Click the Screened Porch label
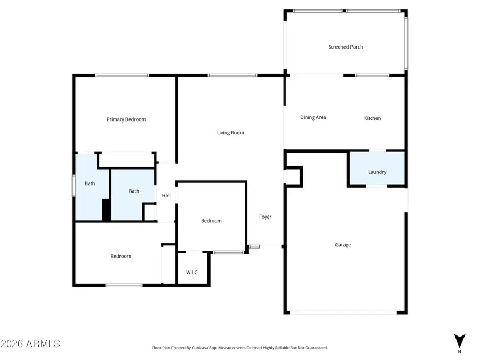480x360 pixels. pyautogui.click(x=345, y=47)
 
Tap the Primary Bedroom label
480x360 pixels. pyautogui.click(x=126, y=119)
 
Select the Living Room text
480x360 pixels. pyautogui.click(x=230, y=133)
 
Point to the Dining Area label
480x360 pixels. pyautogui.click(x=313, y=117)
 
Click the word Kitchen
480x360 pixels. pyautogui.click(x=373, y=118)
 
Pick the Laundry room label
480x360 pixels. pyautogui.click(x=377, y=172)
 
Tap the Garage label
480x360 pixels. pyautogui.click(x=343, y=245)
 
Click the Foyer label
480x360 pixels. pyautogui.click(x=265, y=217)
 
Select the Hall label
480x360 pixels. pyautogui.click(x=166, y=195)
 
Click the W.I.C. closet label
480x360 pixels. pyautogui.click(x=192, y=273)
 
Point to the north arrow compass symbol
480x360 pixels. pyautogui.click(x=460, y=341)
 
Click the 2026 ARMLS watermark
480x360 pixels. pyautogui.click(x=30, y=343)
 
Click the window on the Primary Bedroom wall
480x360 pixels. pyautogui.click(x=122, y=75)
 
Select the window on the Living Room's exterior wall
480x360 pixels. pyautogui.click(x=233, y=75)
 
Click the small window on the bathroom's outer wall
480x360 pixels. pyautogui.click(x=74, y=186)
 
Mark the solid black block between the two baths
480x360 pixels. pyautogui.click(x=106, y=210)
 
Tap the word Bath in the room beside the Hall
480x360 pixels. pyautogui.click(x=134, y=191)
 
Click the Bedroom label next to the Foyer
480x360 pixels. pyautogui.click(x=211, y=221)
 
